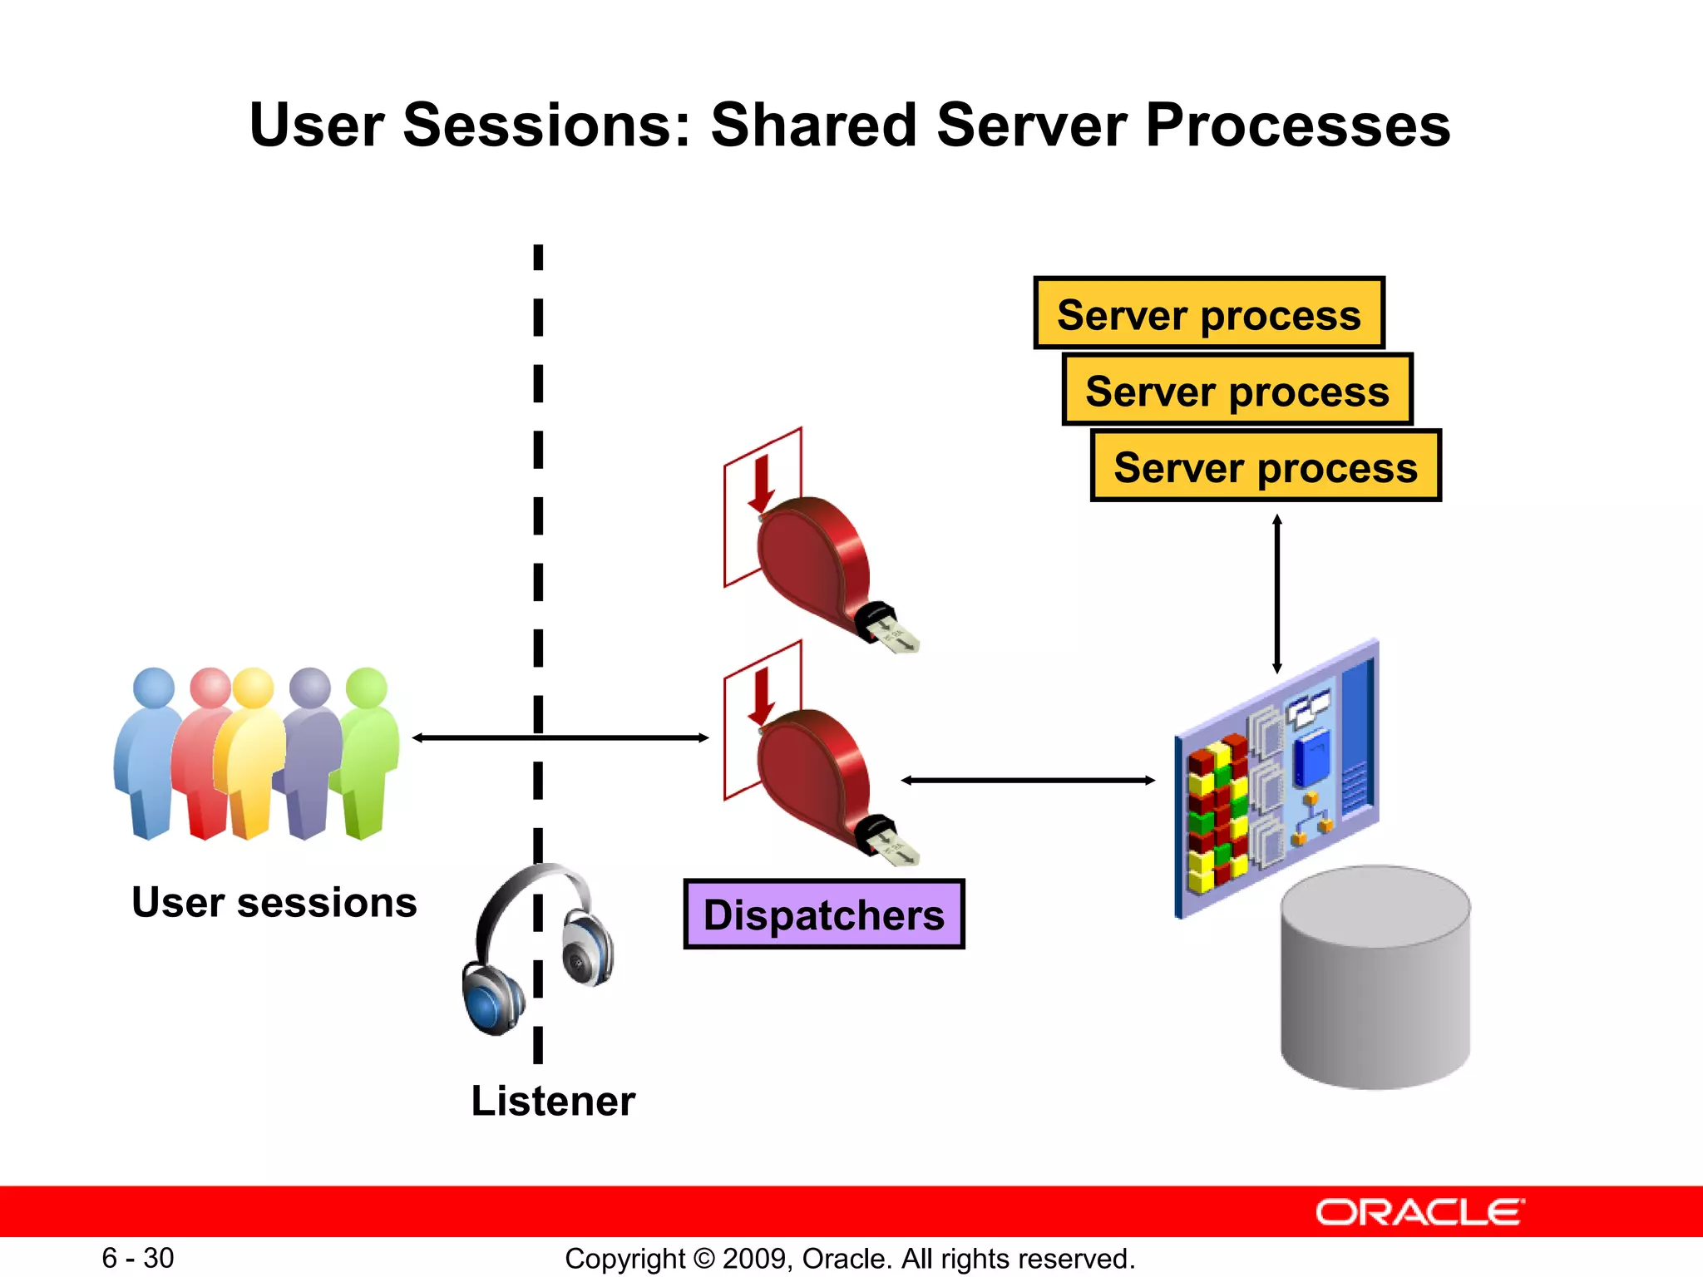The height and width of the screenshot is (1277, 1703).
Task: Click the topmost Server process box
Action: point(1208,313)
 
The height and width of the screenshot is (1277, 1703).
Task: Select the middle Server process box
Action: point(1237,390)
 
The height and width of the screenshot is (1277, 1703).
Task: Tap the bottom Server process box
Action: point(1265,466)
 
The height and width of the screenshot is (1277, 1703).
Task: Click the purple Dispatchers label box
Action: point(823,914)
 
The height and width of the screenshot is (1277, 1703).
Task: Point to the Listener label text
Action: point(553,1101)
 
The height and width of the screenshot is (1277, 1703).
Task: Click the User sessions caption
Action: point(274,902)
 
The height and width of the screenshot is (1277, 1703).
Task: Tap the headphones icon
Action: point(536,948)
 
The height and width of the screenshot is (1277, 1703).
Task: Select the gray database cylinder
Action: point(1375,981)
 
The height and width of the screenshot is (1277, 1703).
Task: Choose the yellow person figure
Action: point(249,757)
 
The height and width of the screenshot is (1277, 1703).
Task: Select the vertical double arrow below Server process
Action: point(1277,594)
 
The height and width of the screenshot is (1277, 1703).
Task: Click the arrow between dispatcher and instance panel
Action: point(1028,780)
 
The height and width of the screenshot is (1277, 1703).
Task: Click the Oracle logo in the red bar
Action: point(1419,1212)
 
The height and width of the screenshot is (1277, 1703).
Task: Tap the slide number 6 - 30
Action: point(138,1258)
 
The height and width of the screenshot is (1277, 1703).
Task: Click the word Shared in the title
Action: point(812,125)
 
